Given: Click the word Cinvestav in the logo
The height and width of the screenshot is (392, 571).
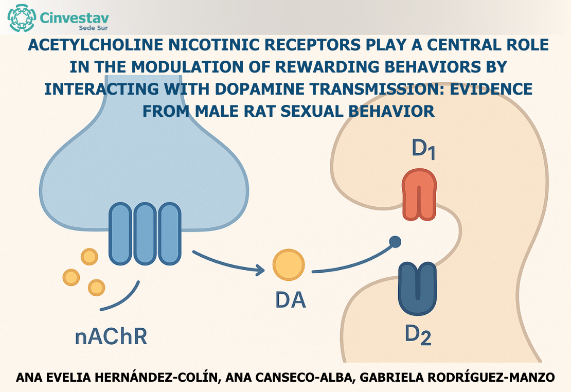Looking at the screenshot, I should coord(74,17).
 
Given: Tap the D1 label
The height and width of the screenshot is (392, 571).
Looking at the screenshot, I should coord(423,150).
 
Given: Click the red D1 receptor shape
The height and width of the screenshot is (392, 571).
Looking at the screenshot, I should coord(419,195).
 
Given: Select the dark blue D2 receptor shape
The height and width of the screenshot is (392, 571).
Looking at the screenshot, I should coord(417,289).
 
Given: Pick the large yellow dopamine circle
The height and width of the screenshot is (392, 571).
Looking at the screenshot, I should coord(289,265).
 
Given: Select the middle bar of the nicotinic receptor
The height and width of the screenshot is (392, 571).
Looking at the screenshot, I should coord(145,234).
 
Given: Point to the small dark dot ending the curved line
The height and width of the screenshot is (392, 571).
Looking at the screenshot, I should coord(395,241).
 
